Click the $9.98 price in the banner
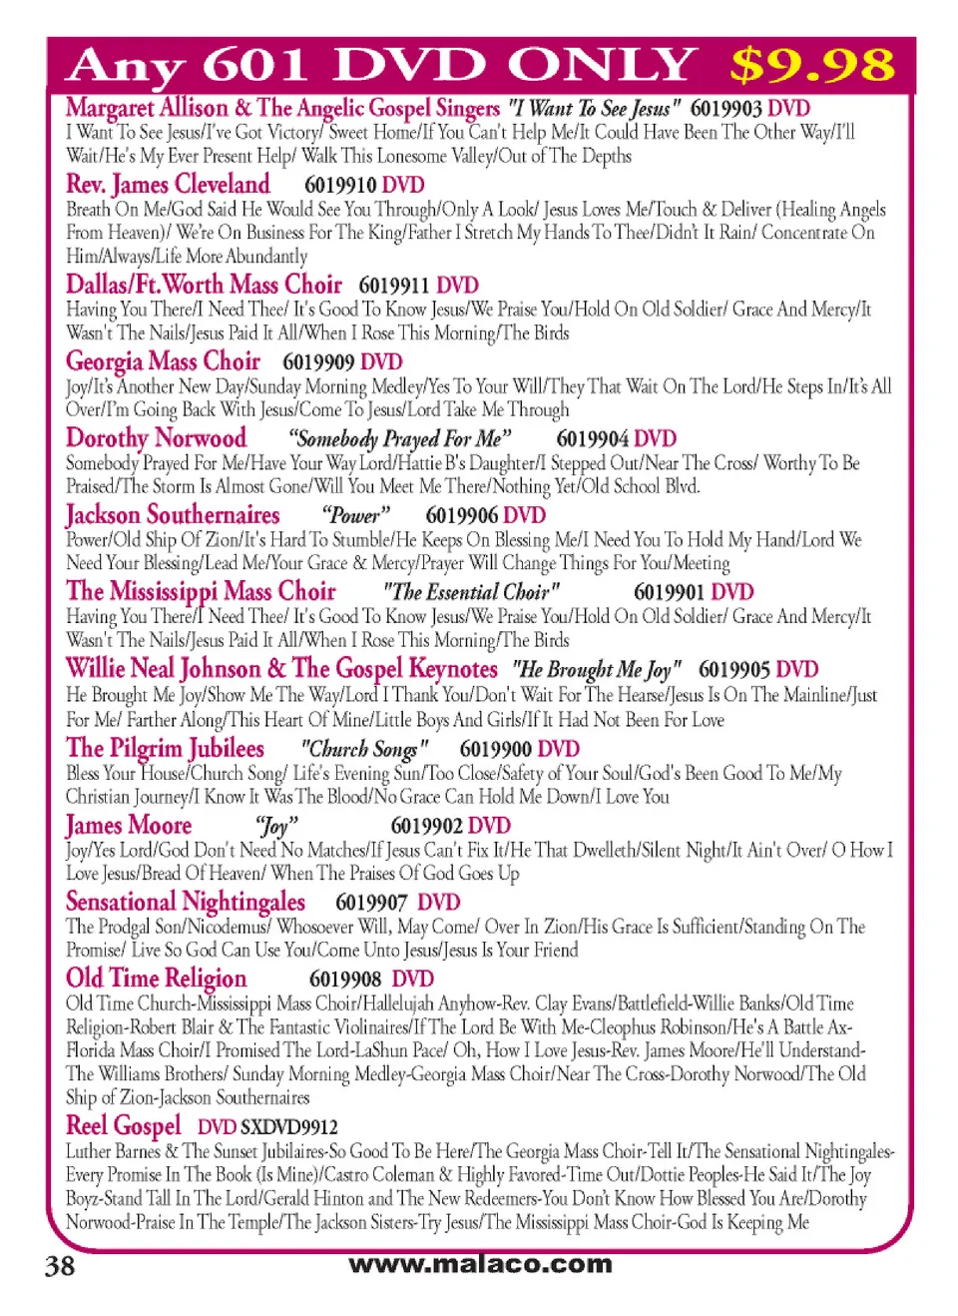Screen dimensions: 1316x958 [811, 66]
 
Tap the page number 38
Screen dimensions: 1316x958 [60, 1266]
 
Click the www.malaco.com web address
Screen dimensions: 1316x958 [480, 1264]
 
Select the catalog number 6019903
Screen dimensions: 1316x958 [725, 109]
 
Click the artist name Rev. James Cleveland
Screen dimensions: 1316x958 [168, 185]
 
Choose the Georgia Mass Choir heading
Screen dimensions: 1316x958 [163, 361]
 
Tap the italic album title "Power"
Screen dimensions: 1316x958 [355, 516]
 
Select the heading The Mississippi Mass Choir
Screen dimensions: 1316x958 [201, 592]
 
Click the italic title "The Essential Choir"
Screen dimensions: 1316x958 [471, 592]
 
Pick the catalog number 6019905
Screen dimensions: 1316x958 [734, 669]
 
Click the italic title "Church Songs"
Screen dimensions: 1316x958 [364, 749]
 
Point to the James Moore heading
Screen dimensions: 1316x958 [129, 826]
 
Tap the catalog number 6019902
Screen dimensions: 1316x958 [427, 826]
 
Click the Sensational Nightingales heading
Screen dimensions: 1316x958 [186, 902]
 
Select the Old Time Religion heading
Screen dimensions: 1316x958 [156, 979]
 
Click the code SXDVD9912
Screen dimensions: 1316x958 [289, 1127]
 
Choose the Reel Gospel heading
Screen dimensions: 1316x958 [124, 1126]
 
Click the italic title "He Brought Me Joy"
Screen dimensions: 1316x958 [597, 669]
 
